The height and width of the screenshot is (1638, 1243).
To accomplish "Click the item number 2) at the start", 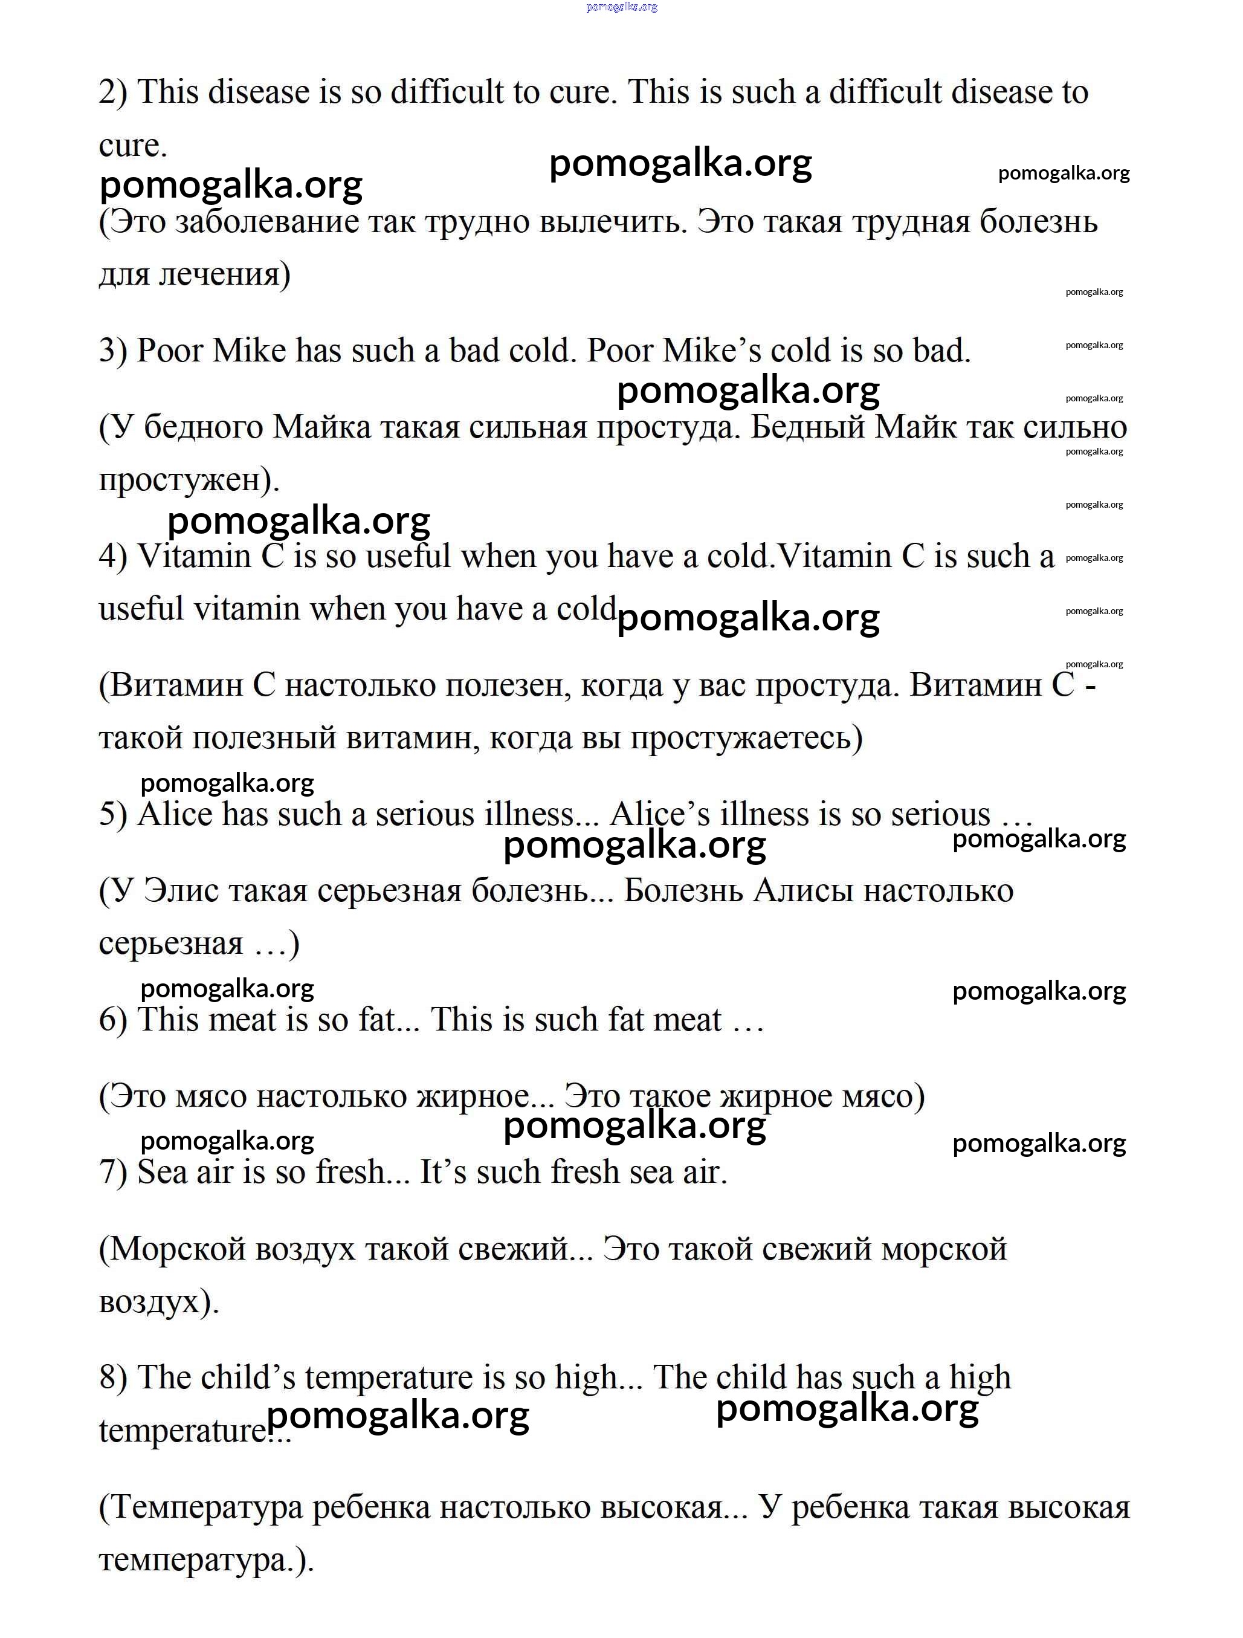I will click(113, 93).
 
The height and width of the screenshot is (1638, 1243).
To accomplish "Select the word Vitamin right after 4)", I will click(194, 557).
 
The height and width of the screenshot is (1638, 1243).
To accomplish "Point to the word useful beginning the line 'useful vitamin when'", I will click(141, 609).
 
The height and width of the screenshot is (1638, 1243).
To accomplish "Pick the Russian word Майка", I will click(322, 428).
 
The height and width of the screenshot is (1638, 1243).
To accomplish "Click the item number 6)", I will click(113, 1020).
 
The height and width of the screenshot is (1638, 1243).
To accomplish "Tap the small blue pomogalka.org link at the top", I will click(621, 7).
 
